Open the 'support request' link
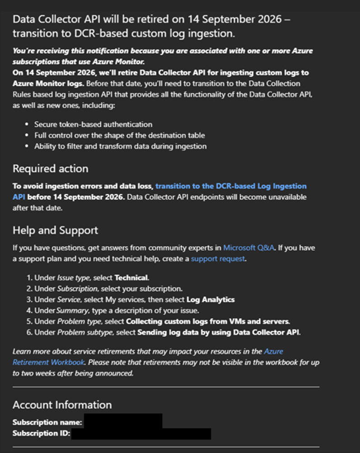click(x=218, y=259)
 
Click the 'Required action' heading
click(x=51, y=168)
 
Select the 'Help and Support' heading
click(x=55, y=230)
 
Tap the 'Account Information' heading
click(x=62, y=405)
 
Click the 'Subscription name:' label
click(x=47, y=422)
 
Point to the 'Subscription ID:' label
click(x=41, y=434)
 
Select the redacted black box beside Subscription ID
click(x=141, y=434)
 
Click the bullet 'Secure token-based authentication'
click(x=93, y=124)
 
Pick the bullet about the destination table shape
click(x=119, y=135)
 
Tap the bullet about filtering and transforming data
click(x=120, y=146)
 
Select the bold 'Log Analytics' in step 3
click(x=210, y=299)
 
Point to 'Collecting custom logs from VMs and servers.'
click(x=208, y=322)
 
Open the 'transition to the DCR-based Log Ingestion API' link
click(x=230, y=186)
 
